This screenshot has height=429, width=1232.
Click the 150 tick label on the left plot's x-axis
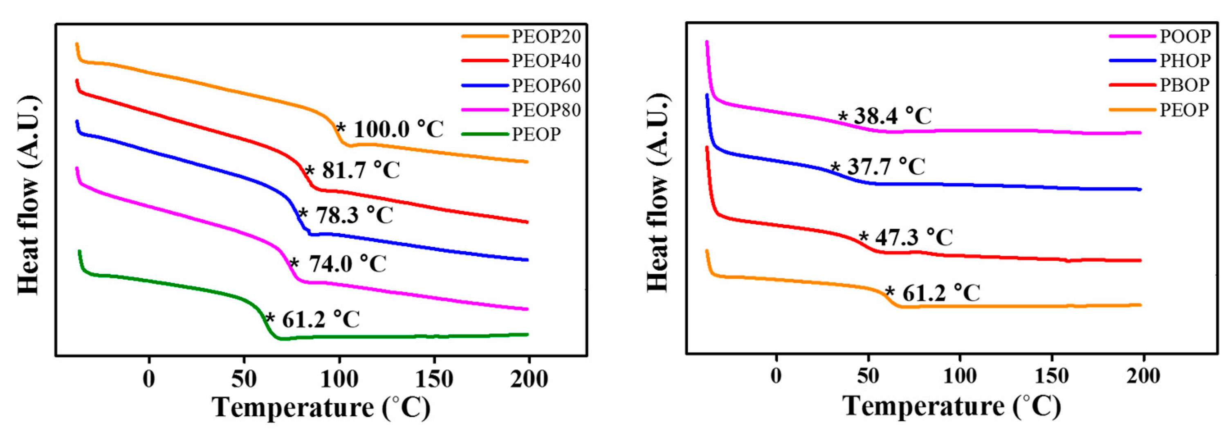(x=434, y=379)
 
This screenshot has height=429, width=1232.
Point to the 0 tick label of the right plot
(x=776, y=376)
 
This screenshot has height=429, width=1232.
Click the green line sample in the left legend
(x=485, y=135)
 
